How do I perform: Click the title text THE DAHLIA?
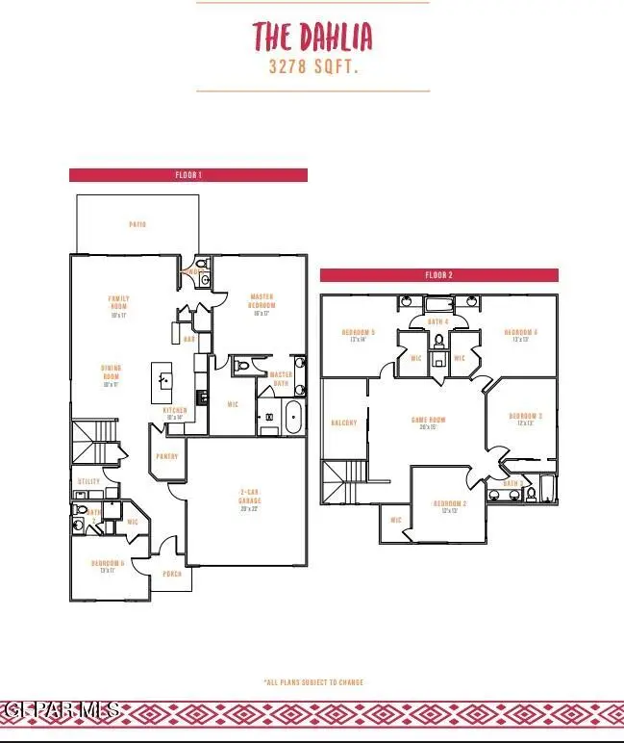tap(312, 37)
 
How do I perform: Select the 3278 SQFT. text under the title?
tap(312, 69)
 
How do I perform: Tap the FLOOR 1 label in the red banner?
tap(188, 175)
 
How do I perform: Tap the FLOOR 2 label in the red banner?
tap(438, 275)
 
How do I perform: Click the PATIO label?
tap(137, 224)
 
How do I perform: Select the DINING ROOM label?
tap(112, 375)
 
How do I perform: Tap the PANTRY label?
tap(167, 456)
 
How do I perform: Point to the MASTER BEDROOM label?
tap(262, 303)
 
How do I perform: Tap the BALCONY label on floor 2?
tap(343, 423)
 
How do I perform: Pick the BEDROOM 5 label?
tap(359, 335)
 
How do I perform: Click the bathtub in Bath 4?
tap(438, 303)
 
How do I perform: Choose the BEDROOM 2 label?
tap(449, 506)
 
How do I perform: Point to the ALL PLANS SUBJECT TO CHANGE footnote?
tap(313, 682)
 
